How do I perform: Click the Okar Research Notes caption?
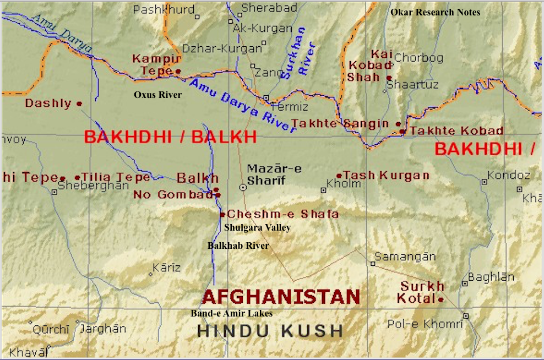(435, 12)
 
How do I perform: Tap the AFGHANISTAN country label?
(281, 297)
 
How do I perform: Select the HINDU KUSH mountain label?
(270, 330)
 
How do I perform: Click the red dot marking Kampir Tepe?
(178, 71)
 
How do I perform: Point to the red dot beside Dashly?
(79, 103)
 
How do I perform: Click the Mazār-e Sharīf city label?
(274, 174)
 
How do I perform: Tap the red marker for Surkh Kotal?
(440, 299)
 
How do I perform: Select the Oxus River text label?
(157, 95)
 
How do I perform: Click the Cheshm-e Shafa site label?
(282, 214)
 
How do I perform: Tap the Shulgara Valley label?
(257, 227)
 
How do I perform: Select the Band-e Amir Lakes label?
(231, 313)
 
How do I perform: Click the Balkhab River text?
(238, 246)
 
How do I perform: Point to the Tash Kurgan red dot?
(339, 176)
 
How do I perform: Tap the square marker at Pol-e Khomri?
(466, 316)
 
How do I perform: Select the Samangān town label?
(405, 257)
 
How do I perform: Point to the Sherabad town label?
(269, 8)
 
